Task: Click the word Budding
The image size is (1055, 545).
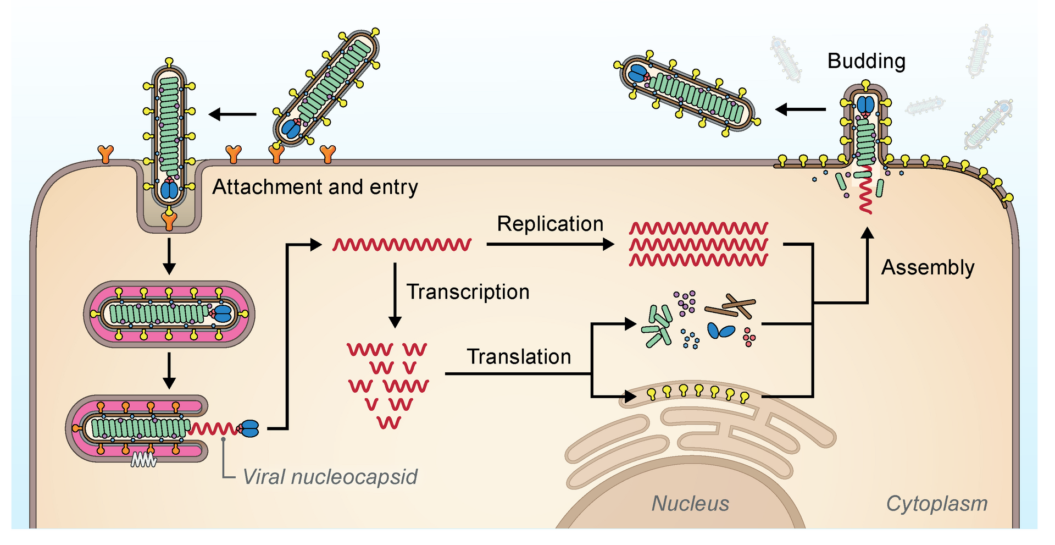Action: click(866, 61)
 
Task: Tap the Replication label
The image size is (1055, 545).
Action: click(550, 224)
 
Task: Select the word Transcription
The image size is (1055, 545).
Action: click(468, 292)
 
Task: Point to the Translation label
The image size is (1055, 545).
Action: click(519, 357)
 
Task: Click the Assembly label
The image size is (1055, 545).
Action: click(928, 268)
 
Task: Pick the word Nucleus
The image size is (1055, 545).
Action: click(690, 504)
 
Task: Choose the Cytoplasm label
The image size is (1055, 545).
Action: click(936, 504)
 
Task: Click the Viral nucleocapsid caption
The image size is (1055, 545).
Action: click(330, 477)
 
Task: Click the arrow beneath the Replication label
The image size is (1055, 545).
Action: click(549, 244)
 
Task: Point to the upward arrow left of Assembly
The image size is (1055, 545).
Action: click(867, 264)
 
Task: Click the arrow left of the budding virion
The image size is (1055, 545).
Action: click(800, 109)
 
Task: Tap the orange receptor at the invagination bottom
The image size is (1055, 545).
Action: click(169, 219)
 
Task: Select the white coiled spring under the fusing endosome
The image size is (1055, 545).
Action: click(143, 460)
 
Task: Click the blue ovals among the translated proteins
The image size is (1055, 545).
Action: click(720, 331)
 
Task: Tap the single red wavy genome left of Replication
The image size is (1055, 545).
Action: click(402, 245)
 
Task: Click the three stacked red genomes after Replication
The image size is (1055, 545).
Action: click(698, 244)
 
